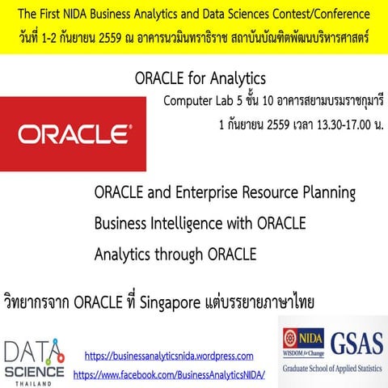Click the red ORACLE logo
click(73, 133)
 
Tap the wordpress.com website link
click(169, 356)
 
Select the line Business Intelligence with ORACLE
click(200, 223)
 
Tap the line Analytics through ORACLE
click(175, 254)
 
